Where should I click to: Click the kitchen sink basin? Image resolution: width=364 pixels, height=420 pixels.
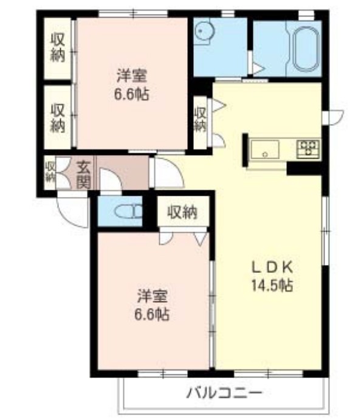pyautogui.click(x=265, y=148)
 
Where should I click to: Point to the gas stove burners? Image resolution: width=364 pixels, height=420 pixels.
pyautogui.click(x=308, y=147)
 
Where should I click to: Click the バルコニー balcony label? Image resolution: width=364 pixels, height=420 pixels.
pyautogui.click(x=224, y=392)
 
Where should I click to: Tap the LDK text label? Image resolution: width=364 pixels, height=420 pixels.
pyautogui.click(x=273, y=266)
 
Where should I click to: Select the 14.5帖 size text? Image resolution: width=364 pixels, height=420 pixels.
pyautogui.click(x=273, y=284)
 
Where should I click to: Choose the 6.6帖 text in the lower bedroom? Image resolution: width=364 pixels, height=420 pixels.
pyautogui.click(x=152, y=315)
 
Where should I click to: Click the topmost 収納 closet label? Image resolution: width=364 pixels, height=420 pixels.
pyautogui.click(x=58, y=46)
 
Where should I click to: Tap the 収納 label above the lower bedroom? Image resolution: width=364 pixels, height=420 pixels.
pyautogui.click(x=182, y=213)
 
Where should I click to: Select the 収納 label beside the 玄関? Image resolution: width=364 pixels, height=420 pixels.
pyautogui.click(x=50, y=171)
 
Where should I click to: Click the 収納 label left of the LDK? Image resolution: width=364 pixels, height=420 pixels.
pyautogui.click(x=200, y=119)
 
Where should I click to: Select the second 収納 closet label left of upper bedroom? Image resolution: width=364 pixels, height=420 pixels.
pyautogui.click(x=58, y=118)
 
